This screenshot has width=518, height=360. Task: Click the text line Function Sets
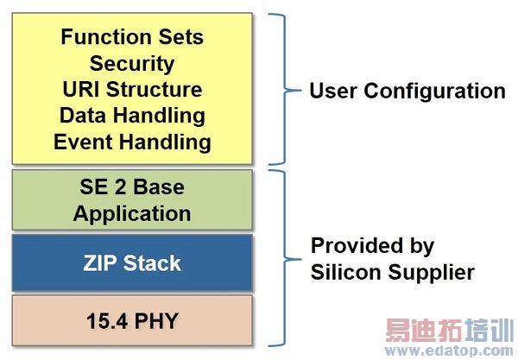tap(132, 38)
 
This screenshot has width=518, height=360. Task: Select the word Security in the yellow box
tap(132, 64)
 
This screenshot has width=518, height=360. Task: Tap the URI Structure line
tap(132, 90)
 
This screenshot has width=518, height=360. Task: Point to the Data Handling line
tap(132, 115)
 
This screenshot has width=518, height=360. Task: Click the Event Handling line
tap(132, 141)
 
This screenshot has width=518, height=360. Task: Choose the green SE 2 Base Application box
tap(132, 199)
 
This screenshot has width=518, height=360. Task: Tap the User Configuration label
tap(407, 91)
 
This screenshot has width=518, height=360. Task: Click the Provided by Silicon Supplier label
tap(392, 259)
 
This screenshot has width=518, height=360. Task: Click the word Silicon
tap(341, 273)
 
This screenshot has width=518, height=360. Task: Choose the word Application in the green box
tap(132, 213)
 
